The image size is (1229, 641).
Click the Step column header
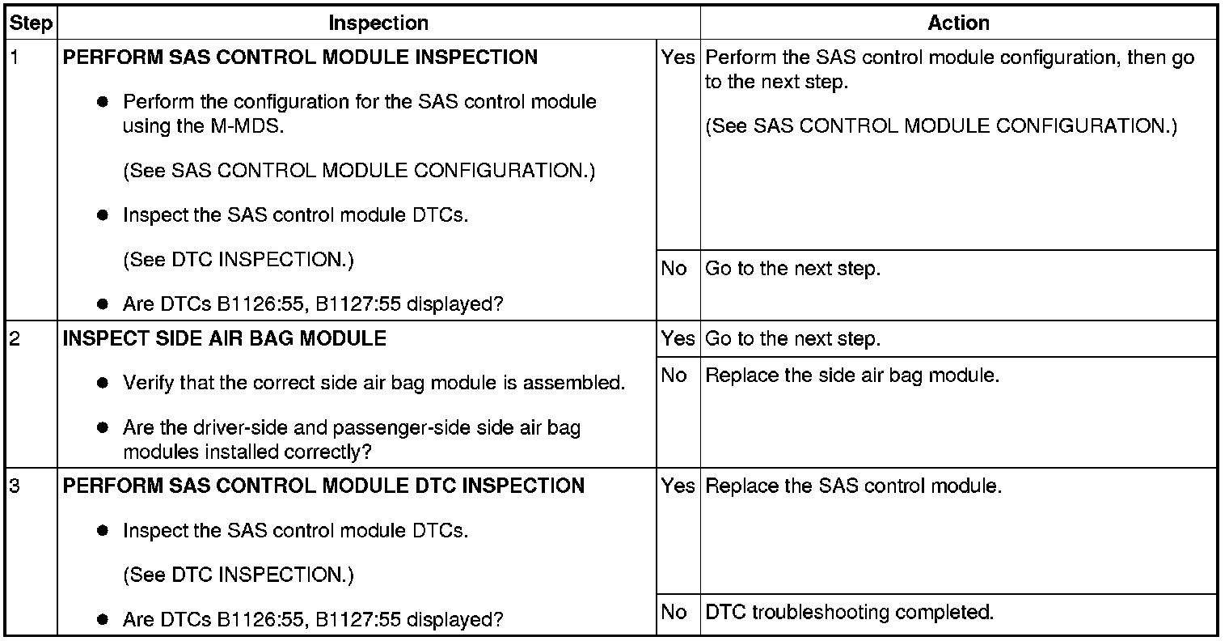tap(31, 23)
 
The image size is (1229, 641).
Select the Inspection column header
tap(378, 23)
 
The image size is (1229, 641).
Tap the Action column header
tap(958, 23)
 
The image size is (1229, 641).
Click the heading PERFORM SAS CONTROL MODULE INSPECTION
tap(300, 58)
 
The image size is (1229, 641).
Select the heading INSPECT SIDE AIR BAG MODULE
tap(225, 338)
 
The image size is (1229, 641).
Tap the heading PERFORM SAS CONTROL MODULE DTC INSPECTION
tap(323, 486)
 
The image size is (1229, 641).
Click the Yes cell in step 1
tap(678, 58)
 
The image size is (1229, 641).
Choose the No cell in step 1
tap(674, 269)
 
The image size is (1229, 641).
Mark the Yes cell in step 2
tap(678, 339)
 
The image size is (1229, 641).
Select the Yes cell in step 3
tap(678, 486)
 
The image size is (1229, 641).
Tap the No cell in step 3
tap(674, 613)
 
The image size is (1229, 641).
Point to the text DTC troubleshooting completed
tap(849, 613)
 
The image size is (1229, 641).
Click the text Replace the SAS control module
tap(854, 486)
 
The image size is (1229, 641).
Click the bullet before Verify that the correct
tap(103, 384)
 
